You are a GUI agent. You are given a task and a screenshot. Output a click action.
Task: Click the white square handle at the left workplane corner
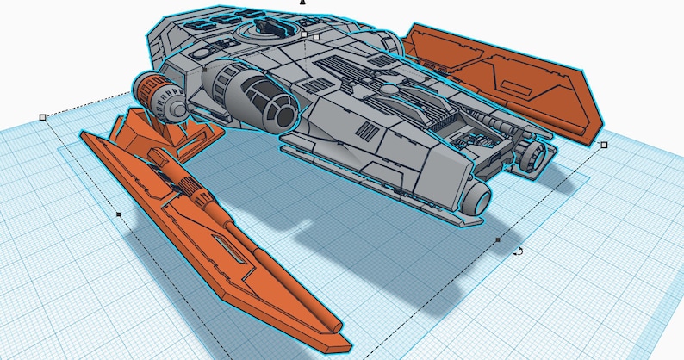pyautogui.click(x=42, y=117)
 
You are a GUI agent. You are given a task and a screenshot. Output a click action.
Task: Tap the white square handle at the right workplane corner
pyautogui.click(x=603, y=145)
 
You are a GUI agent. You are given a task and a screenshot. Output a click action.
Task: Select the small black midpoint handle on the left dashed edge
pyautogui.click(x=118, y=214)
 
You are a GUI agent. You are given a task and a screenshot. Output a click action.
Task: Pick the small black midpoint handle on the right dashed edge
pyautogui.click(x=497, y=239)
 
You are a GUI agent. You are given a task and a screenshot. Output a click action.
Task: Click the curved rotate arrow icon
pyautogui.click(x=519, y=251)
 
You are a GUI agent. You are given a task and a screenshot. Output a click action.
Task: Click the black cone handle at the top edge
pyautogui.click(x=302, y=3)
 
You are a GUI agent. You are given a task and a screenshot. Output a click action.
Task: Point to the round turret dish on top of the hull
pyautogui.click(x=264, y=30)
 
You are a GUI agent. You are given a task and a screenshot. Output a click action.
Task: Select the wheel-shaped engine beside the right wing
pyautogui.click(x=532, y=155)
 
